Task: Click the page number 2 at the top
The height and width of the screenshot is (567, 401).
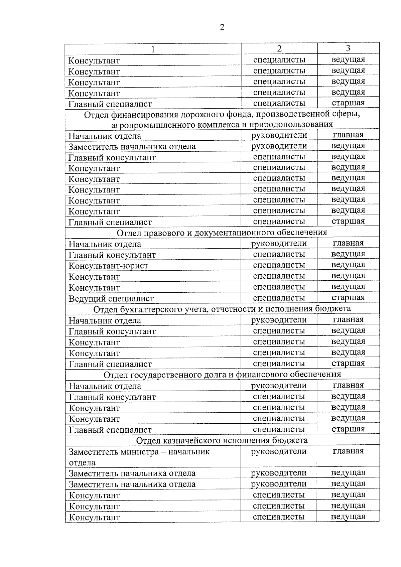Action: tap(222, 27)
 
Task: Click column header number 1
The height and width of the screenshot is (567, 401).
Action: tap(153, 49)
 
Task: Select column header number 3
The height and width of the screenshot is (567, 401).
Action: tap(348, 48)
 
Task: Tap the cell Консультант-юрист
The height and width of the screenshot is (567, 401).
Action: tap(108, 266)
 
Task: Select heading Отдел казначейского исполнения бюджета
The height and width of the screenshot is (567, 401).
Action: tap(222, 440)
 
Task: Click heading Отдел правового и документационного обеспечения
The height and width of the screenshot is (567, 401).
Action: tap(222, 232)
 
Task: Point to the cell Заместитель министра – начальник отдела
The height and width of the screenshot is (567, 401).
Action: tap(139, 457)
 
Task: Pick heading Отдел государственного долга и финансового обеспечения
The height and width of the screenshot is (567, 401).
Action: tap(222, 375)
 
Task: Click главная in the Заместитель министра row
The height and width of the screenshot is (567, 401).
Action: tap(348, 451)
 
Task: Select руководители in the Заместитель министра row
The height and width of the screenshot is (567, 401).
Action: tap(279, 451)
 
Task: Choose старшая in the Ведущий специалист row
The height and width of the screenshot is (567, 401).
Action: tap(348, 298)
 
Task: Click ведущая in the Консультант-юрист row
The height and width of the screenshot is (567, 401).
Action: tap(348, 265)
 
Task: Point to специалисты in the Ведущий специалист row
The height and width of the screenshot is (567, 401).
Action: tap(279, 298)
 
